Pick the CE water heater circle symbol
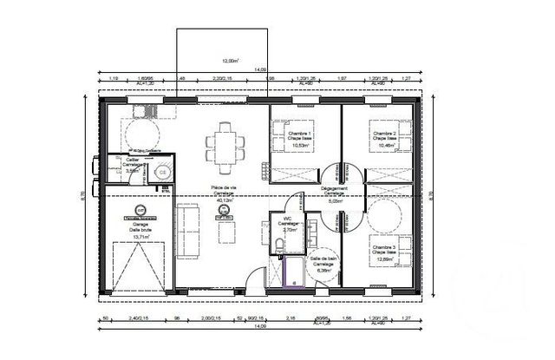(161, 172)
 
